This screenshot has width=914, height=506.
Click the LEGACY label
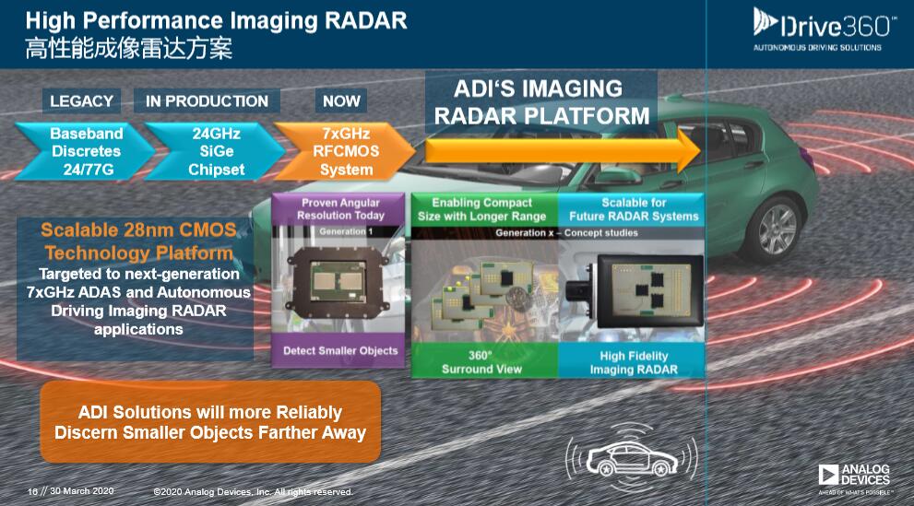81,100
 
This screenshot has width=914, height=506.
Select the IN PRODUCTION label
207,100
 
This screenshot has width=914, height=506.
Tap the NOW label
341,100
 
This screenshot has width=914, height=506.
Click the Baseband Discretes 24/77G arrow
85,151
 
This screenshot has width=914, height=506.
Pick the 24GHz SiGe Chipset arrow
216,151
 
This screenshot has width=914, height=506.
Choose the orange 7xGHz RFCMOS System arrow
345,151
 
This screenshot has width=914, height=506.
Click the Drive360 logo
823,29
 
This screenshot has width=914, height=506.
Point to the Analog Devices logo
855,478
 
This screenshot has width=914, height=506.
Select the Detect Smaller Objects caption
340,350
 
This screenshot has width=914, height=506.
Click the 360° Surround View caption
481,362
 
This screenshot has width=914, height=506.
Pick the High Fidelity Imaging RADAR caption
634,363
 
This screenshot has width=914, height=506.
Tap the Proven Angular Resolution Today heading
340,209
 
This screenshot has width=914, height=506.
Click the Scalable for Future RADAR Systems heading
634,209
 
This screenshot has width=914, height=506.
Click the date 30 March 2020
81,491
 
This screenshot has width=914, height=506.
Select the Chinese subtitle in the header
129,48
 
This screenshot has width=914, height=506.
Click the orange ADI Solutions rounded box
210,421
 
